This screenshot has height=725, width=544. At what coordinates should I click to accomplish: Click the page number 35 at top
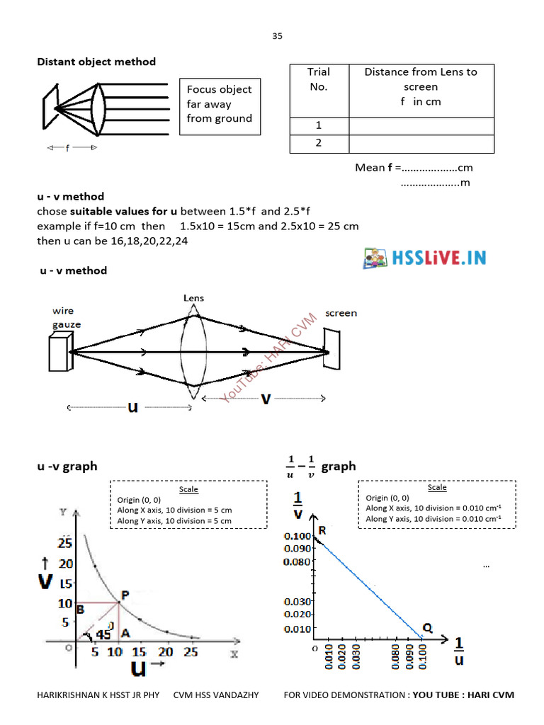point(277,35)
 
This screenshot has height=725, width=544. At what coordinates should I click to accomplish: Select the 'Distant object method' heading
point(96,62)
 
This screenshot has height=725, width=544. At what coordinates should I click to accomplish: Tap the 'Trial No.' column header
point(319,79)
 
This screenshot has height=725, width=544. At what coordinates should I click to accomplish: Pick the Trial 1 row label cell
point(319,125)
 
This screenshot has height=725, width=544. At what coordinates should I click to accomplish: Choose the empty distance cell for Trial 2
point(421,143)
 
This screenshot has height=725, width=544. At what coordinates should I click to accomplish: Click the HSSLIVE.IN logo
point(425,257)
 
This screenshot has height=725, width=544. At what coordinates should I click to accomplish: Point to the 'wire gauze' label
point(66,318)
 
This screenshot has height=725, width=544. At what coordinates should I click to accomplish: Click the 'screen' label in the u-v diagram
point(341,313)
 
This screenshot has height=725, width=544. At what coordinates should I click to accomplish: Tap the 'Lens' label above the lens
point(193,298)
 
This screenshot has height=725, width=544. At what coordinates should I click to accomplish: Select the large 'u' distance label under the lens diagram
point(132,407)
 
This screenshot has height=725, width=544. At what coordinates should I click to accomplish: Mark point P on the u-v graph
point(125,595)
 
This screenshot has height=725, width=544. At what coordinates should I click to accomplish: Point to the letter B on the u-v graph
point(81,609)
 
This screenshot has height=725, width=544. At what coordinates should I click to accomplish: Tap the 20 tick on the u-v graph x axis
point(166,652)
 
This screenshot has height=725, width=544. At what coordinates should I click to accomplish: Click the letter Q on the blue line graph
point(428,627)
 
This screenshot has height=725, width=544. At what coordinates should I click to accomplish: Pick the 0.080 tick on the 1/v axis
point(297,562)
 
